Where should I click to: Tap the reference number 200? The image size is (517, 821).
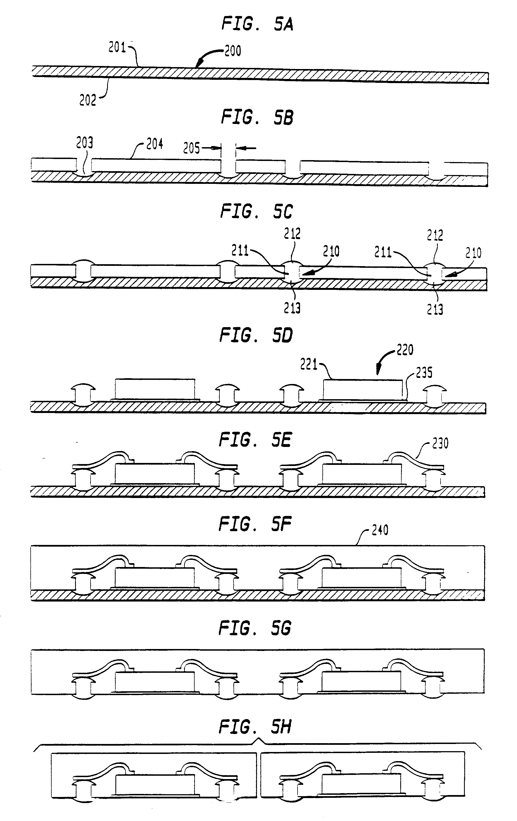click(x=233, y=51)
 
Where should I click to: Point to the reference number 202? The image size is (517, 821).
click(x=88, y=100)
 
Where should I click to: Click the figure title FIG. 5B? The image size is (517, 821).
click(x=257, y=118)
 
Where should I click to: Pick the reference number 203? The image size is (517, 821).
click(x=84, y=143)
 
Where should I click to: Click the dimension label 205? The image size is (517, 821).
click(x=192, y=148)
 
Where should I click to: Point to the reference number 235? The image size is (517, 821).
click(x=424, y=373)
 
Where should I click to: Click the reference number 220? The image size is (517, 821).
click(x=405, y=350)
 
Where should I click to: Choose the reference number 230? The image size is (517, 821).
click(x=440, y=444)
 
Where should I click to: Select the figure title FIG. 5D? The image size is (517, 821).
click(x=256, y=335)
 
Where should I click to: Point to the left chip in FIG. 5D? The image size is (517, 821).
click(x=155, y=389)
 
